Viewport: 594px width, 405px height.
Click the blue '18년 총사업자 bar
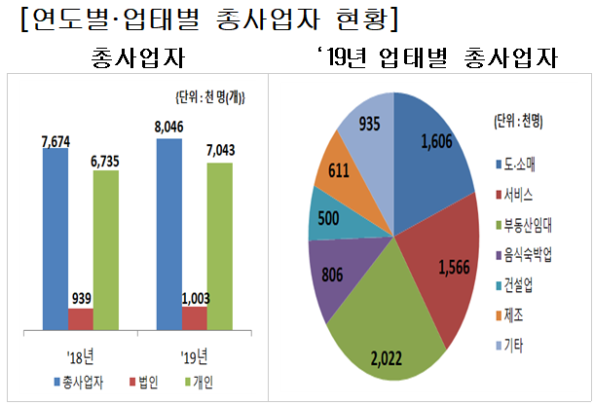coord(56,239)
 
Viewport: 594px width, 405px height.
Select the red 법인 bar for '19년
coord(195,319)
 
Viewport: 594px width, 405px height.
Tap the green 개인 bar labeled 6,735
coord(106,251)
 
